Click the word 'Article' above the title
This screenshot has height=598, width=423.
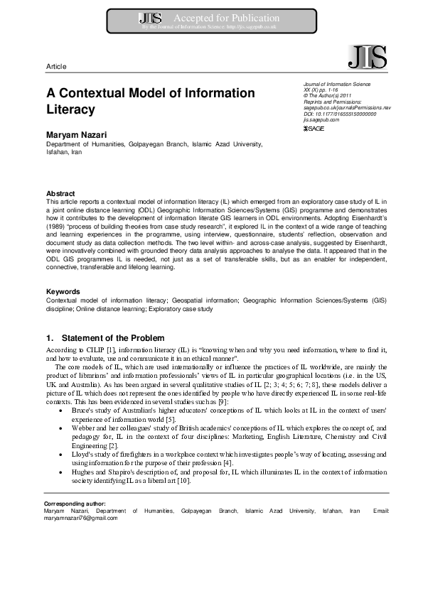(56, 66)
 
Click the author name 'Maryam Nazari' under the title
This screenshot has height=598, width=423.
(78, 134)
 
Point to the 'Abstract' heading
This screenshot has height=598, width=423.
(60, 193)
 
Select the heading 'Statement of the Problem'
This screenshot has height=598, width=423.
(113, 337)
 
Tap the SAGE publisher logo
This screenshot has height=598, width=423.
(314, 129)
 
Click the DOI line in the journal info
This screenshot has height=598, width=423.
(339, 114)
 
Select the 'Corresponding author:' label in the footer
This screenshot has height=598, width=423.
(74, 504)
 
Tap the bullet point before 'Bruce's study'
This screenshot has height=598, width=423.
(68, 411)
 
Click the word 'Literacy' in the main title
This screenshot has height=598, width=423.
(70, 110)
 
